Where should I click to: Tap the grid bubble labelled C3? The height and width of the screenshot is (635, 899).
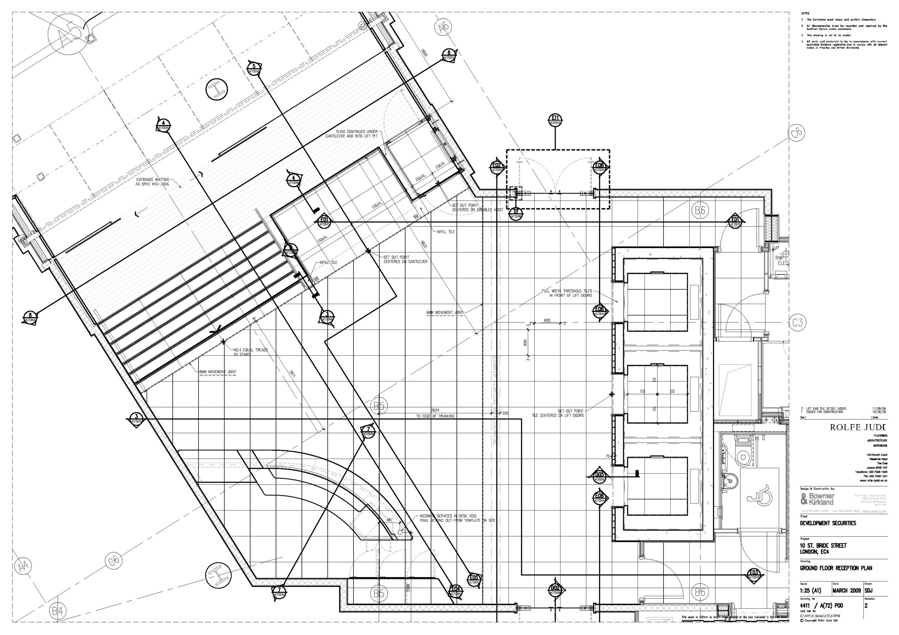(798, 322)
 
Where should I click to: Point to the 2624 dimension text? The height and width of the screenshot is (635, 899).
(435, 410)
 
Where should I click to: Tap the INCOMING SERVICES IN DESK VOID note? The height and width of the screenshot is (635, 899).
(457, 518)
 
